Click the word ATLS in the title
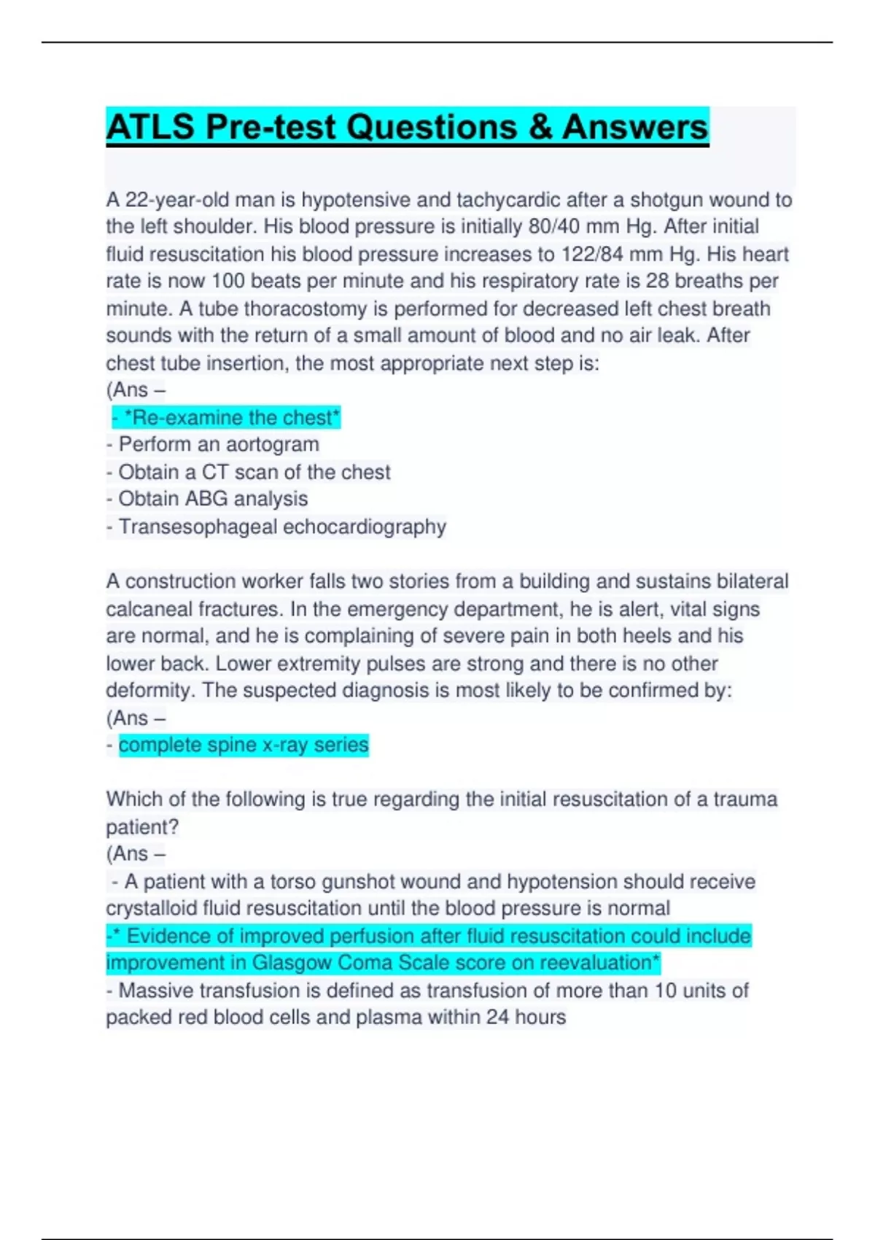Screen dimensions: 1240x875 pos(150,127)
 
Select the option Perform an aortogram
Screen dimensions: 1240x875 pos(218,445)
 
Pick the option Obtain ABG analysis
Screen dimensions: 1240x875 pos(212,499)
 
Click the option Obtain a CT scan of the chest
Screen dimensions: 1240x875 pos(254,473)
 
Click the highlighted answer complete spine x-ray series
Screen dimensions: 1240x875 pos(244,745)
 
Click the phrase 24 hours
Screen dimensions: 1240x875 pos(526,1018)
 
